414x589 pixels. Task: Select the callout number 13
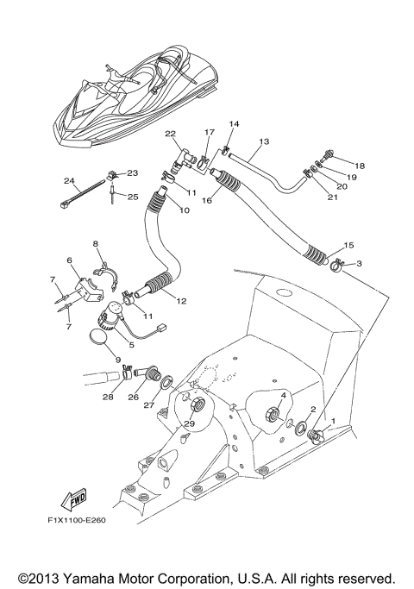[x=264, y=141]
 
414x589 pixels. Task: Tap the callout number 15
[x=348, y=246]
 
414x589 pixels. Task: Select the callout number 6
[x=69, y=260]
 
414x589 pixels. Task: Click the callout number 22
[x=171, y=133]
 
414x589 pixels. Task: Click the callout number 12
[x=180, y=301]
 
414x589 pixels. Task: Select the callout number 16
[x=206, y=199]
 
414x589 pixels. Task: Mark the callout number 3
[x=359, y=263]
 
